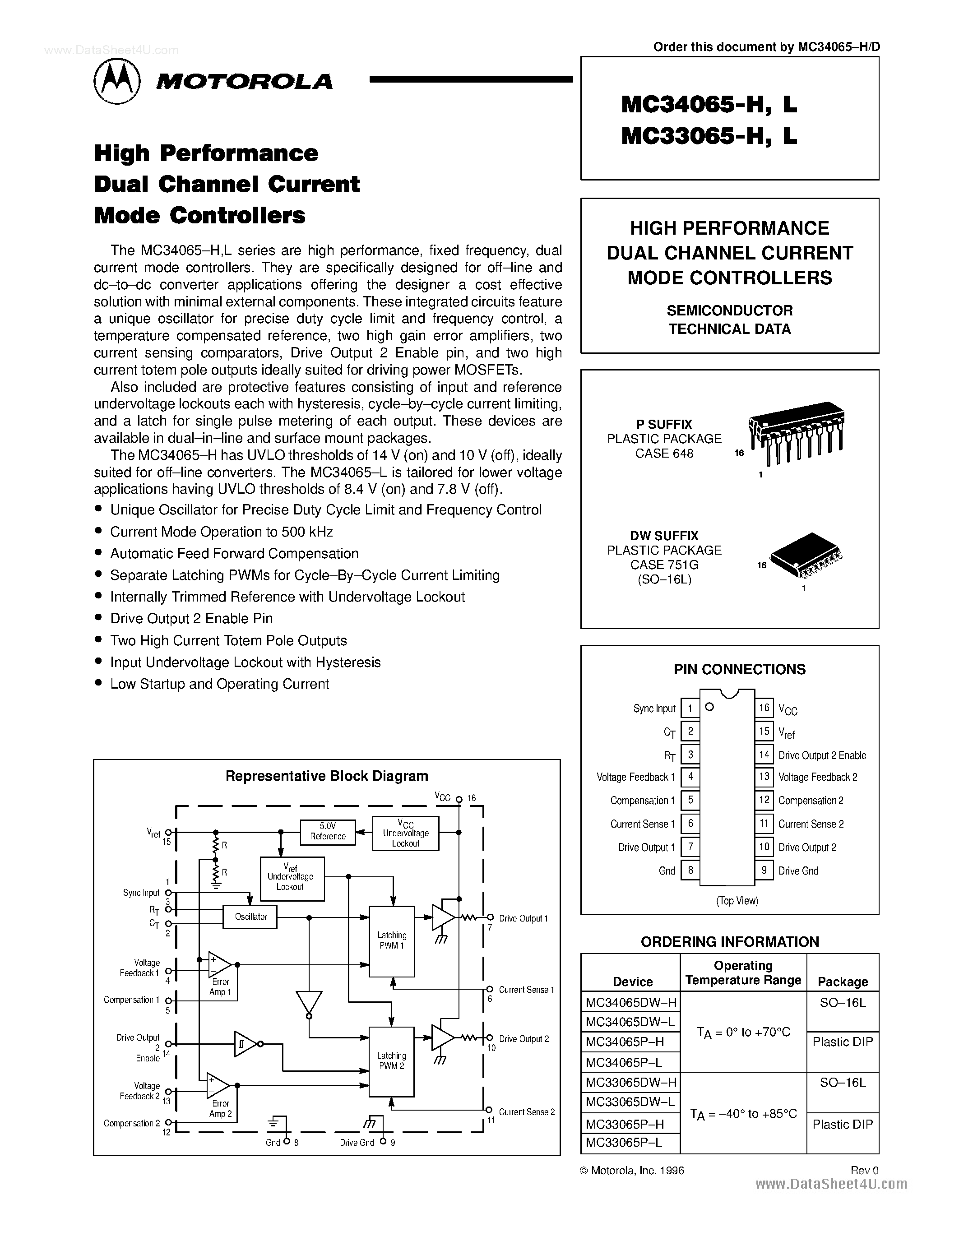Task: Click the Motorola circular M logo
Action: point(116,81)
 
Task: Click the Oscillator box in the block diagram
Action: point(250,917)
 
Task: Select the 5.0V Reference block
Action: point(328,832)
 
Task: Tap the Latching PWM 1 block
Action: point(391,940)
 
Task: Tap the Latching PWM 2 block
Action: point(391,1061)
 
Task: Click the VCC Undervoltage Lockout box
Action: point(405,833)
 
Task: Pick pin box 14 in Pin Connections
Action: point(764,755)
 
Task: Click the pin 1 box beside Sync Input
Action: point(690,708)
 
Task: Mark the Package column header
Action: point(843,982)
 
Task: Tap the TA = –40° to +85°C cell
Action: point(743,1114)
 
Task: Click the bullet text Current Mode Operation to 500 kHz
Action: point(221,532)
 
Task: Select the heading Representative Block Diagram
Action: point(327,776)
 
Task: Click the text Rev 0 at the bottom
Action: point(864,1171)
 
